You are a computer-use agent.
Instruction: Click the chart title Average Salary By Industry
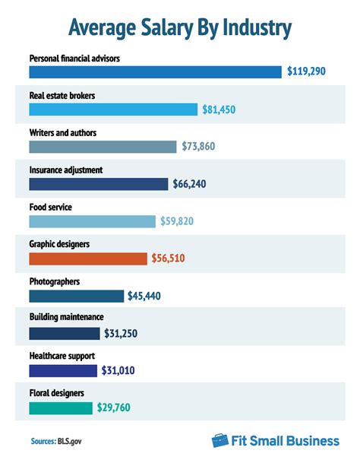180,27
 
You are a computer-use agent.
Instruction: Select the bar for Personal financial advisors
156,71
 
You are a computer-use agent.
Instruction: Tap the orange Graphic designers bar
88,258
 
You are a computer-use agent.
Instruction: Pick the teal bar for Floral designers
61,408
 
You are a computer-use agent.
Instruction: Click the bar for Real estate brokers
113,109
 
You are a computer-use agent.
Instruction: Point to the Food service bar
92,221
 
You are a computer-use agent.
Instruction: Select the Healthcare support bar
63,370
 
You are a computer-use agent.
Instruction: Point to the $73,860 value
205,147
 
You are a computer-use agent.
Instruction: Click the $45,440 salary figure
150,296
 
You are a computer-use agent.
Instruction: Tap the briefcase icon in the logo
220,440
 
